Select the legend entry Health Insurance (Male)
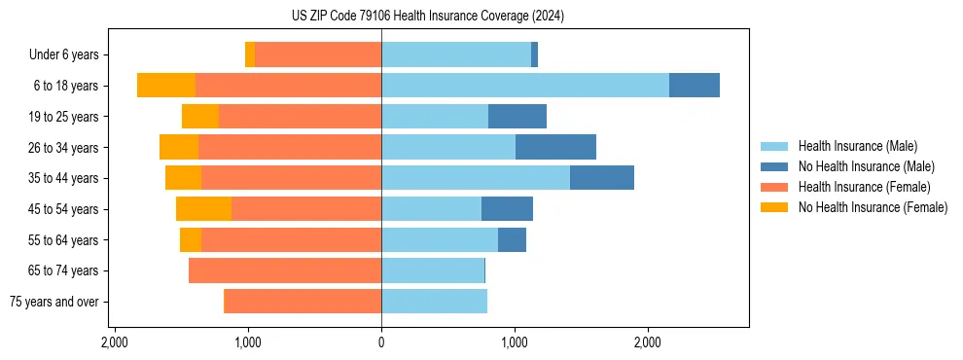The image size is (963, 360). click(857, 146)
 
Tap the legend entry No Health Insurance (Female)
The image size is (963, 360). click(873, 207)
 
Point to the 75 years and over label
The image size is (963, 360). click(53, 302)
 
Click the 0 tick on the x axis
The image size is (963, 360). click(381, 342)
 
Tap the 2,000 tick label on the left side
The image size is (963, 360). click(115, 342)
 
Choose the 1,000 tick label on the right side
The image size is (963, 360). click(515, 342)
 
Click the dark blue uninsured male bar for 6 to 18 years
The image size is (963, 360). click(695, 86)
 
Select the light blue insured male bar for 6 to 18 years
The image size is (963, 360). click(525, 86)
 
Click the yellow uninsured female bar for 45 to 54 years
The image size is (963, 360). click(203, 209)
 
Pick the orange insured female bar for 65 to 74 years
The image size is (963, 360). click(285, 270)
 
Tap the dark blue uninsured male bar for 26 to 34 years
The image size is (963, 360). click(555, 147)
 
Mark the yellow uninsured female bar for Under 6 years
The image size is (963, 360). click(250, 55)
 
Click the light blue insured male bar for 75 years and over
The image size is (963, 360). click(434, 302)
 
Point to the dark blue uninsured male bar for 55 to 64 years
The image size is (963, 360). click(512, 239)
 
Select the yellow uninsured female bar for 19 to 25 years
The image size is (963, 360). click(200, 117)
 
